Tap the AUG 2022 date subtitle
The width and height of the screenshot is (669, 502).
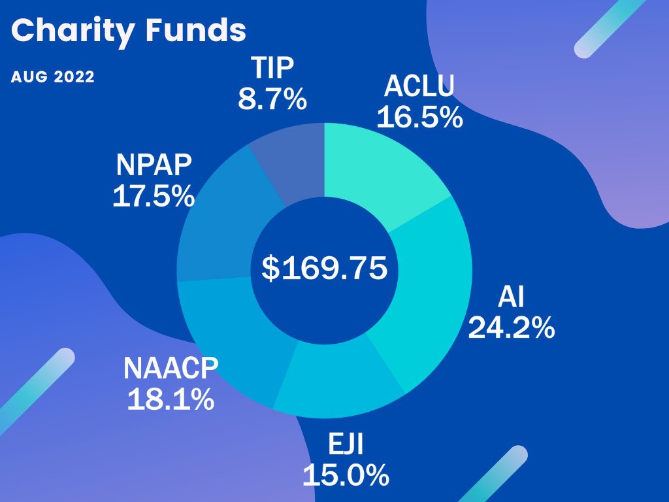[53, 77]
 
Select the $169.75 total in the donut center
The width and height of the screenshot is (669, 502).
[325, 269]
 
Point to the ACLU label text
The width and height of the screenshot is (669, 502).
[419, 86]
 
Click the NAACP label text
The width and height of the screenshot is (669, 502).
[171, 369]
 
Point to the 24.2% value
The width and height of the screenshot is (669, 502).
[512, 327]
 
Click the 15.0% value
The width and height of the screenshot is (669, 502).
[346, 475]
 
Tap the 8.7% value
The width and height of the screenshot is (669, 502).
[272, 99]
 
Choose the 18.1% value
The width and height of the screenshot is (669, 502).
[171, 399]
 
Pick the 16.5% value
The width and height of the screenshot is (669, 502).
[419, 117]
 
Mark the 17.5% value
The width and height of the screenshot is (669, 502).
[154, 196]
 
